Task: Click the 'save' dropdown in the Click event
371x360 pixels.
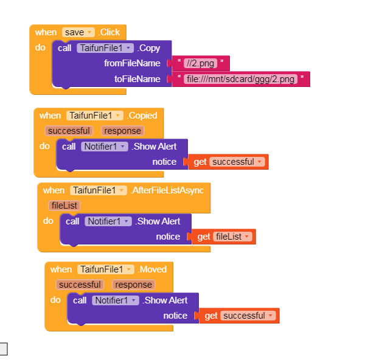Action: [78, 32]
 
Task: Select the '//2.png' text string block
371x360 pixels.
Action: [200, 63]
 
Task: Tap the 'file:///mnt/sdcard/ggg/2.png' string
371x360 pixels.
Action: [241, 79]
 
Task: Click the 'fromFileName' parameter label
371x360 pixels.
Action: [132, 63]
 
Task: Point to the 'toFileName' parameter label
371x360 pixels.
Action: [137, 79]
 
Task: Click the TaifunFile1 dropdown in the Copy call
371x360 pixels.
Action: [105, 47]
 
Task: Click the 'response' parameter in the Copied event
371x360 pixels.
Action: [123, 131]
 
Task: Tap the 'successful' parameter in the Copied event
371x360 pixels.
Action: [69, 131]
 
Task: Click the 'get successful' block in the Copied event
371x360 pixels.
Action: [229, 162]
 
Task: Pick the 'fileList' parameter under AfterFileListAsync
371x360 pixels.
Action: [64, 206]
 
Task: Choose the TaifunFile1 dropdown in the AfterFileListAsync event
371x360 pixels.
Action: [98, 190]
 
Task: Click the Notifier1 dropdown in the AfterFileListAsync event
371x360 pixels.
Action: [108, 221]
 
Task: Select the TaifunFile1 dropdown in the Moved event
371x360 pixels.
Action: [105, 269]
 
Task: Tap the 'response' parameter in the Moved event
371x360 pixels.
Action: [134, 285]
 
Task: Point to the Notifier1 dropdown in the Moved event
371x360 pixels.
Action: [115, 300]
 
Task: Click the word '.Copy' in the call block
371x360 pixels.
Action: [149, 47]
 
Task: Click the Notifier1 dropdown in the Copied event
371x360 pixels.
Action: [104, 147]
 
